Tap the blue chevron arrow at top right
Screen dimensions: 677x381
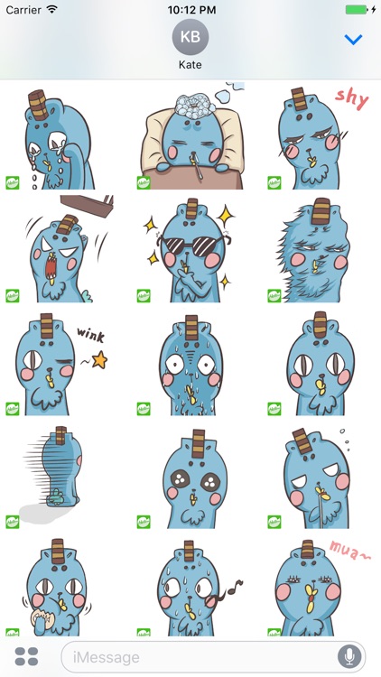(354, 40)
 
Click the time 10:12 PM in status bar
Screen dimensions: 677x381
(190, 9)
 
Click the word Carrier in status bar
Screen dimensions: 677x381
(23, 9)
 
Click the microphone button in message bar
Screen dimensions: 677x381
(348, 656)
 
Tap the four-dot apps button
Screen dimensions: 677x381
(26, 656)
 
